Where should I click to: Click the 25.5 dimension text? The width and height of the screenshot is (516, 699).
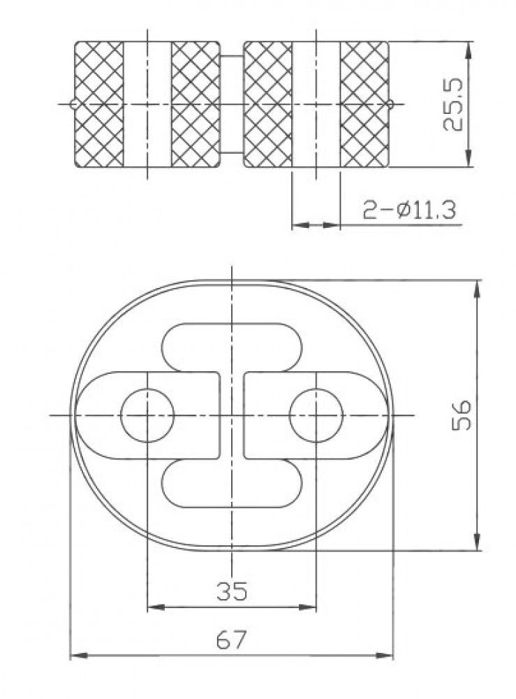click(453, 105)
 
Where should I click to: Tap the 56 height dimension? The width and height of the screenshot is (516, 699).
click(462, 415)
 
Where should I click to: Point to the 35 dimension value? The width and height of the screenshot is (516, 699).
click(232, 591)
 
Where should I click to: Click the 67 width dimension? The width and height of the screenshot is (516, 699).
click(231, 640)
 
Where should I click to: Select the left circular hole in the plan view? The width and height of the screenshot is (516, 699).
click(147, 415)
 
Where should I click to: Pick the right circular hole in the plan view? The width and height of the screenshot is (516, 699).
click(316, 415)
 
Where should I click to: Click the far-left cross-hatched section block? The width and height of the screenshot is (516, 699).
click(99, 104)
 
